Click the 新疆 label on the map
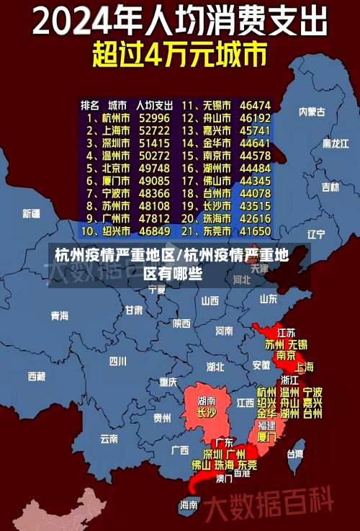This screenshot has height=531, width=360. tap(32, 213)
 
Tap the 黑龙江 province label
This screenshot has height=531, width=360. tap(336, 143)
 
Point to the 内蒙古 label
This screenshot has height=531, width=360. tap(312, 112)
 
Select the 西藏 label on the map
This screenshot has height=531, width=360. tap(36, 376)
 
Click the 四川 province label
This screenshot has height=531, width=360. tap(118, 362)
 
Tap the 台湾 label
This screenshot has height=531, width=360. tap(295, 454)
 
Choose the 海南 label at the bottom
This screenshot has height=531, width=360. tap(189, 505)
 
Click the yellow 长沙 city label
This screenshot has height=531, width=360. tap(206, 414)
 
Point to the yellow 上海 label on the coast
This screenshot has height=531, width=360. tap(305, 367)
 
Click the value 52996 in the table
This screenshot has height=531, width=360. tap(155, 117)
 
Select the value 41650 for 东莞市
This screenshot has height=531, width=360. tap(255, 231)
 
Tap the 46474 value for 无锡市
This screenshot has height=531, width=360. tap(255, 104)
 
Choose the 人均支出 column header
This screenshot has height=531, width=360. tap(155, 104)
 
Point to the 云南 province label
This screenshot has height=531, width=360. tap(109, 438)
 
